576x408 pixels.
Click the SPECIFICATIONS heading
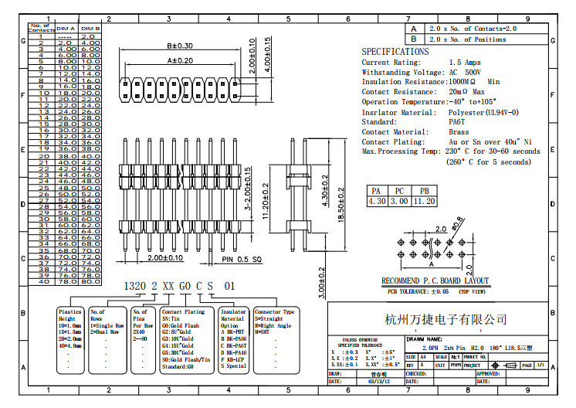click(395, 52)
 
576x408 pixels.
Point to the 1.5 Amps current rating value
click(466, 62)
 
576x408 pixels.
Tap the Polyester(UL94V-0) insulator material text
click(483, 112)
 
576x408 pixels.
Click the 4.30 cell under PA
click(377, 202)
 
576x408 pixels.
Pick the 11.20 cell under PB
click(424, 202)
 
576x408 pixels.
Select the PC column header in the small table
click(400, 191)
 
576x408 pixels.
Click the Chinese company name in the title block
click(446, 319)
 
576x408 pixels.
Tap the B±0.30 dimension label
click(180, 46)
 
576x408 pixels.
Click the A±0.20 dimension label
click(180, 60)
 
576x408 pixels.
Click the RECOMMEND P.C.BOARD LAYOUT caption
click(435, 281)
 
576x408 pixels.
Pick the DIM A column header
click(66, 28)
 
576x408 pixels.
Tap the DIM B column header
click(90, 28)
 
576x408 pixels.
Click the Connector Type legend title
click(274, 311)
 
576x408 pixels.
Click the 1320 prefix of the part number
click(135, 285)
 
